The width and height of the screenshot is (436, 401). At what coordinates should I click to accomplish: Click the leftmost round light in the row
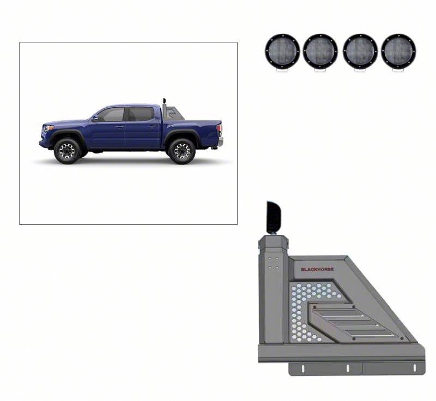282,51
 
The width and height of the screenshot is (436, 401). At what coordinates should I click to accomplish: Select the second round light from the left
320,51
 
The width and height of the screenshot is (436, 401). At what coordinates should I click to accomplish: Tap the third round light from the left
360,51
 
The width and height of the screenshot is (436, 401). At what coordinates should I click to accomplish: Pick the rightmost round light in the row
398,51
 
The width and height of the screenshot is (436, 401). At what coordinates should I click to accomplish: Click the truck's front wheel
67,151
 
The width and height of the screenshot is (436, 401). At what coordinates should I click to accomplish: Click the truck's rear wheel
182,151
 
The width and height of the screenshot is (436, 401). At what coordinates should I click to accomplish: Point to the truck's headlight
49,128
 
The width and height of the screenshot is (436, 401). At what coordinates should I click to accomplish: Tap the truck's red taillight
220,129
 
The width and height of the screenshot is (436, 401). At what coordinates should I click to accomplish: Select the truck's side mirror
95,118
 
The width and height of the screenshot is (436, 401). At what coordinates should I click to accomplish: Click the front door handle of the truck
119,127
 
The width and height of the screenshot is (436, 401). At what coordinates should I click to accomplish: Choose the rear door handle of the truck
152,126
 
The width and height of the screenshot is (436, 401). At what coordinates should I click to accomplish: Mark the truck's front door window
111,114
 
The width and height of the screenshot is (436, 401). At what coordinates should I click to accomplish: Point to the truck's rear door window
141,114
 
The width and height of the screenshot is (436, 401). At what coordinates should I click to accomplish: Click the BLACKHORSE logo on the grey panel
317,269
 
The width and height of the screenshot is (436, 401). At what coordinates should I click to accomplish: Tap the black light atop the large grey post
274,218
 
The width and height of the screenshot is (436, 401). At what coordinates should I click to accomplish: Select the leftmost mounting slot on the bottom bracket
303,368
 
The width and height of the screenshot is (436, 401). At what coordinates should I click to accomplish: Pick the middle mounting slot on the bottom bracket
348,368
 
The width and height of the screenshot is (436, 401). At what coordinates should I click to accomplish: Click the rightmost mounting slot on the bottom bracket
415,368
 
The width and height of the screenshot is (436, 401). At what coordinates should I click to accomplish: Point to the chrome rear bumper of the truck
221,141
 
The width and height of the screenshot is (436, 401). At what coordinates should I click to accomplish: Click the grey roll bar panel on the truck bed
174,114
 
